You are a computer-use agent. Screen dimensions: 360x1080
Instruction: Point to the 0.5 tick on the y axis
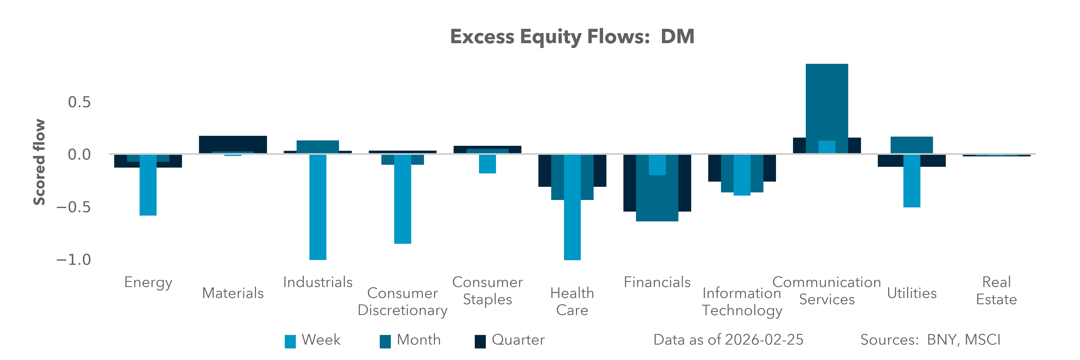click(79, 102)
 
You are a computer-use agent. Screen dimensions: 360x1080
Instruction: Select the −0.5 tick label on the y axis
click(74, 207)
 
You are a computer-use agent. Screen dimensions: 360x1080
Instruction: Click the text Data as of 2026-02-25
click(728, 340)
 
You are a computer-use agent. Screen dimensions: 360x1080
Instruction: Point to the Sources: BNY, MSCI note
click(930, 340)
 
